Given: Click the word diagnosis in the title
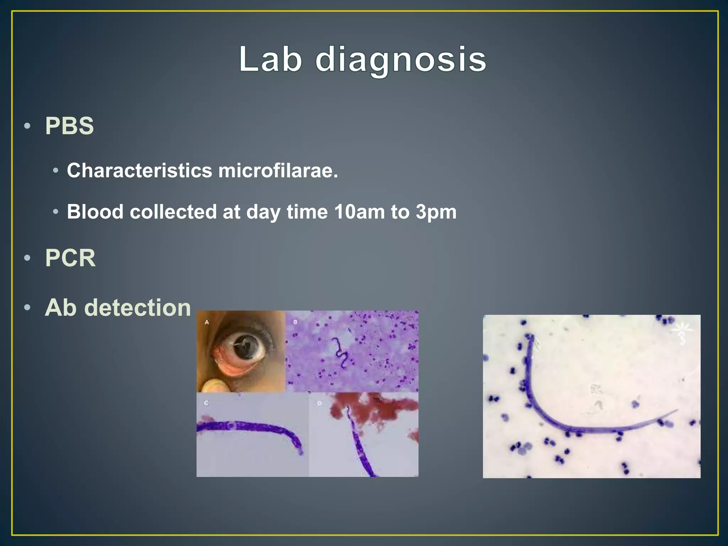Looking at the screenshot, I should click(401, 60).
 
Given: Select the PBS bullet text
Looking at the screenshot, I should click(69, 126).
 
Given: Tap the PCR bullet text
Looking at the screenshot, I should click(70, 258).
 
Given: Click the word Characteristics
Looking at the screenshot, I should click(139, 171).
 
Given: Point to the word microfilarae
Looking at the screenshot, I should click(278, 171).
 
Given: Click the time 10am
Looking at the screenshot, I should click(359, 212).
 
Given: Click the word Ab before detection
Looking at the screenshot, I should click(60, 307).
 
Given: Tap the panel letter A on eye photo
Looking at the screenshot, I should click(207, 322).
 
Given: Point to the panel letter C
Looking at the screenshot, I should click(206, 403).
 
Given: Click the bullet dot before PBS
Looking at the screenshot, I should click(27, 126).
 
